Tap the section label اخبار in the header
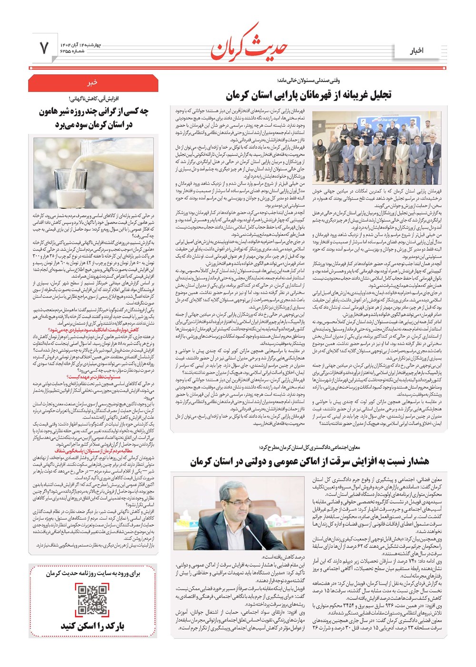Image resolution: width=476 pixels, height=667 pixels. point(416,51)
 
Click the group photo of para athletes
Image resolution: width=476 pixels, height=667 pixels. point(377,148)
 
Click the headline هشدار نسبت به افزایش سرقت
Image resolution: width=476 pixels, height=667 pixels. point(309,461)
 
